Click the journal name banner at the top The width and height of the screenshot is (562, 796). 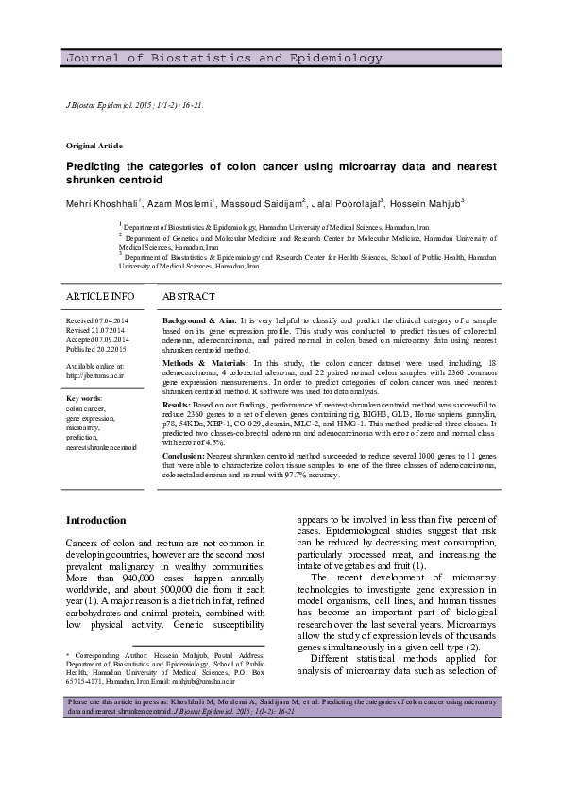point(188,59)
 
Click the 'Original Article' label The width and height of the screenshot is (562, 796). point(94,146)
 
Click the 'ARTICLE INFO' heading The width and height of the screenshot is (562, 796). point(100,297)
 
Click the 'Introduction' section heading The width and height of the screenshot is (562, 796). point(95,521)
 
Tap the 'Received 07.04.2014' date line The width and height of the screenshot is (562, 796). point(101,321)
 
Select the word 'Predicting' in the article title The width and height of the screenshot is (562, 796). point(97,164)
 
